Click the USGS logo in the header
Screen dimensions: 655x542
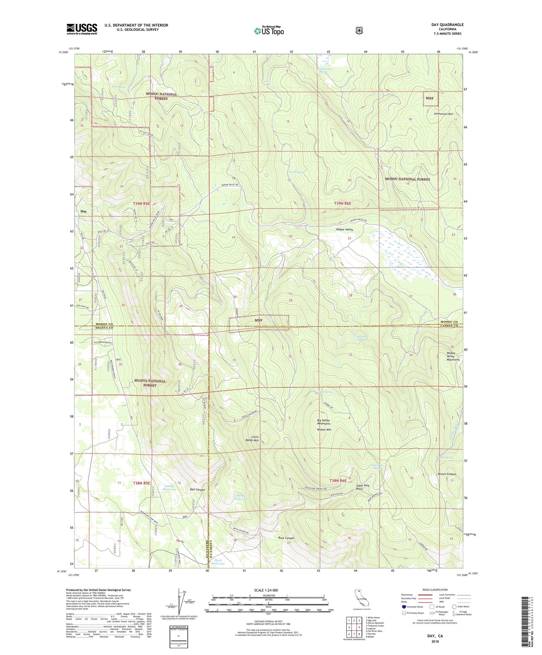click(x=82, y=29)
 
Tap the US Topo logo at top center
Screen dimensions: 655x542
click(x=269, y=31)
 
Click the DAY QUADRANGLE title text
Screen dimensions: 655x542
click(x=447, y=25)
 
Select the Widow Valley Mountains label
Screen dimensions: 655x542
click(x=453, y=356)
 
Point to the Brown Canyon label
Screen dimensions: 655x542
click(x=447, y=474)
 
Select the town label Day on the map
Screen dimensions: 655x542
click(x=83, y=211)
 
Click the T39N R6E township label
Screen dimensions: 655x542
click(x=343, y=203)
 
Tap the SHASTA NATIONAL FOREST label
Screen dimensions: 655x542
click(x=150, y=383)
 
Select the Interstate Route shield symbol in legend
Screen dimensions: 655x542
click(x=404, y=607)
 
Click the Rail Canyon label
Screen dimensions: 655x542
click(x=197, y=490)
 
